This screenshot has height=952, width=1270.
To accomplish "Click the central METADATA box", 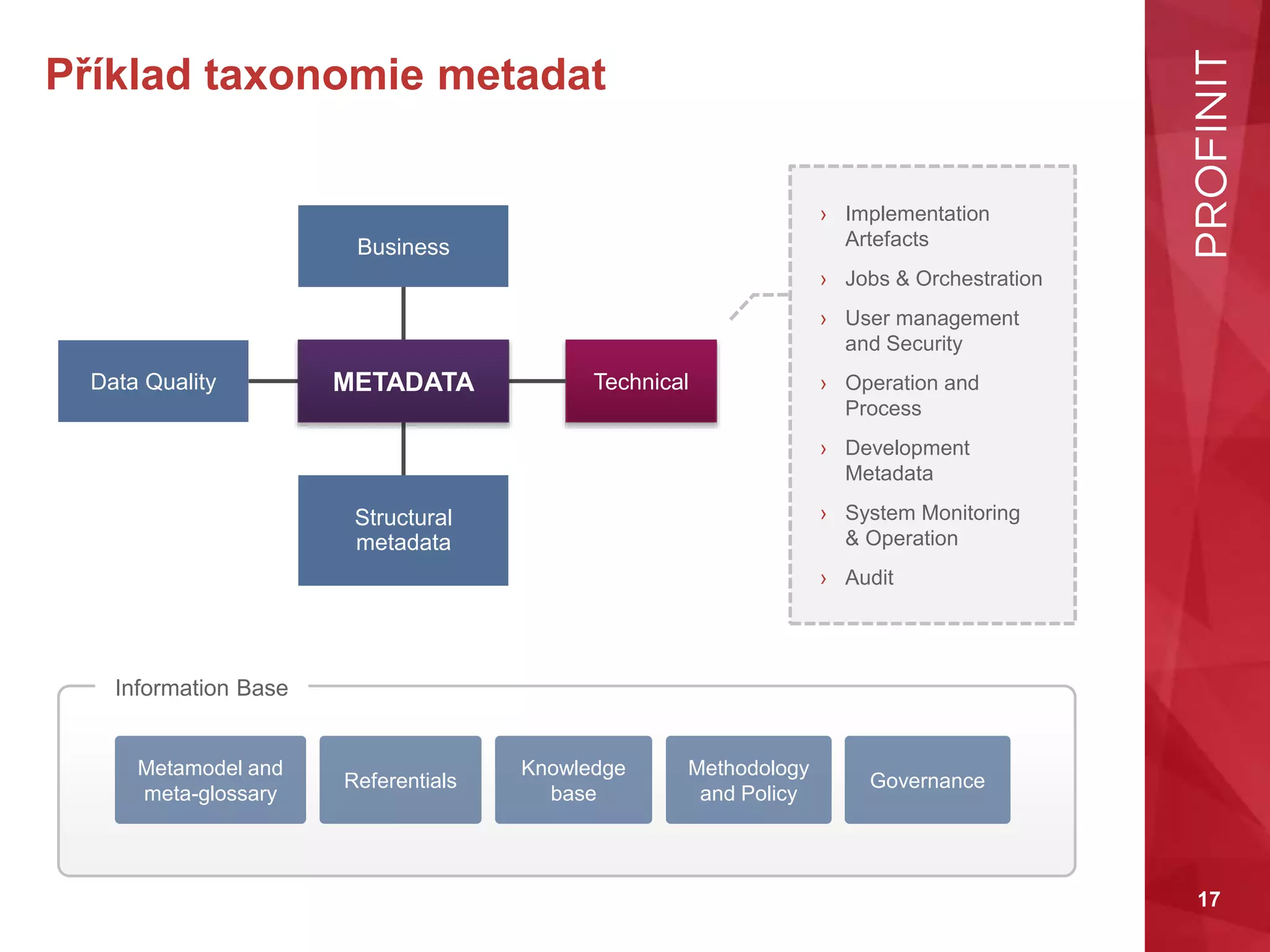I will (x=403, y=381).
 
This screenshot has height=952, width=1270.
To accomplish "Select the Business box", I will (x=403, y=246).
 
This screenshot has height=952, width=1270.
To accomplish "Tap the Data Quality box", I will (x=153, y=381).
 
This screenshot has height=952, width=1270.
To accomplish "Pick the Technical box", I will (x=641, y=381).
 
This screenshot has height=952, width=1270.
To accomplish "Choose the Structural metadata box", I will (x=403, y=530).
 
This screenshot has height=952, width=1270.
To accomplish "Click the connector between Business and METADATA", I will (x=403, y=313).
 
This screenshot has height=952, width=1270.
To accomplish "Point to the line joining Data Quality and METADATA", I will (x=273, y=381).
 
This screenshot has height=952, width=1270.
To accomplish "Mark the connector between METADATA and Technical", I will (x=537, y=381).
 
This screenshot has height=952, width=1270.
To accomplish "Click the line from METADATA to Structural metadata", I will (x=403, y=449).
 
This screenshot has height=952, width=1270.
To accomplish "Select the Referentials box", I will (x=400, y=780).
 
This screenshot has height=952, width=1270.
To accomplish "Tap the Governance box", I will (x=927, y=780).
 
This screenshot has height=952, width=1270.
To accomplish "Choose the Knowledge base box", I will (x=573, y=780).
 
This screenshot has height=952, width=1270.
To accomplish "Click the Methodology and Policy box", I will (x=748, y=780).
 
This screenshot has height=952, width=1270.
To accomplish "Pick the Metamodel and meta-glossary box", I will (x=210, y=780).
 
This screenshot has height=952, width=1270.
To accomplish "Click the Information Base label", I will (x=202, y=688).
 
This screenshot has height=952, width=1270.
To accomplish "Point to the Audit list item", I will (x=869, y=578).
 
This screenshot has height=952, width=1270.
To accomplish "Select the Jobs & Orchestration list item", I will (x=943, y=279).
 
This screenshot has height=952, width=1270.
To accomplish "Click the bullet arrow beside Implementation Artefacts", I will (x=823, y=215).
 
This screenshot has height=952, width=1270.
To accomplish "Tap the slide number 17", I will (x=1209, y=899).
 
